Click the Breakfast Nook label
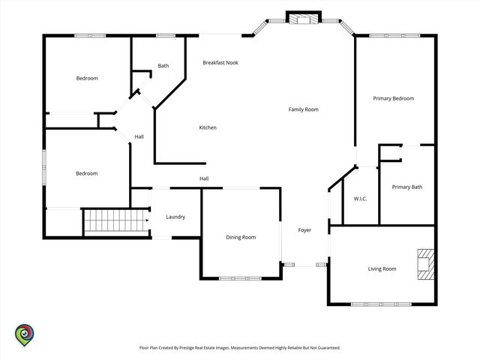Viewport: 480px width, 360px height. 220,63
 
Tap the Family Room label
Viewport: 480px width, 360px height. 303,109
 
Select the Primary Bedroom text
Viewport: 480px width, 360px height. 393,98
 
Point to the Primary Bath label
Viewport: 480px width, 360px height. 406,187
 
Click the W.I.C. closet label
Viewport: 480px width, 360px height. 360,199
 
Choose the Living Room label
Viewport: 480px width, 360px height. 382,269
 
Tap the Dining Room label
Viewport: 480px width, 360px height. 241,237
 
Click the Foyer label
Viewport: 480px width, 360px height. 304,230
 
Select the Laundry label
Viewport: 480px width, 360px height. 175,217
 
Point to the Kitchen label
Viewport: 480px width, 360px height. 208,127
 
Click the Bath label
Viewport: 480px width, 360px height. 163,66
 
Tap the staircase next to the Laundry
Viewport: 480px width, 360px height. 116,220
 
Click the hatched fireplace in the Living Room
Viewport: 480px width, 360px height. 426,264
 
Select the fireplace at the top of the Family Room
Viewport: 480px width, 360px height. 304,17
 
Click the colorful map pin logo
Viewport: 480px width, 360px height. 25,335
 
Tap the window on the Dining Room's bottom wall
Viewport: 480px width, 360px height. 240,278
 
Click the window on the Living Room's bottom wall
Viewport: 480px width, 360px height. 381,304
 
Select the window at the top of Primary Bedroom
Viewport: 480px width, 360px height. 395,36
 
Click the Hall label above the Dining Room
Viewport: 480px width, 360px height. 204,178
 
